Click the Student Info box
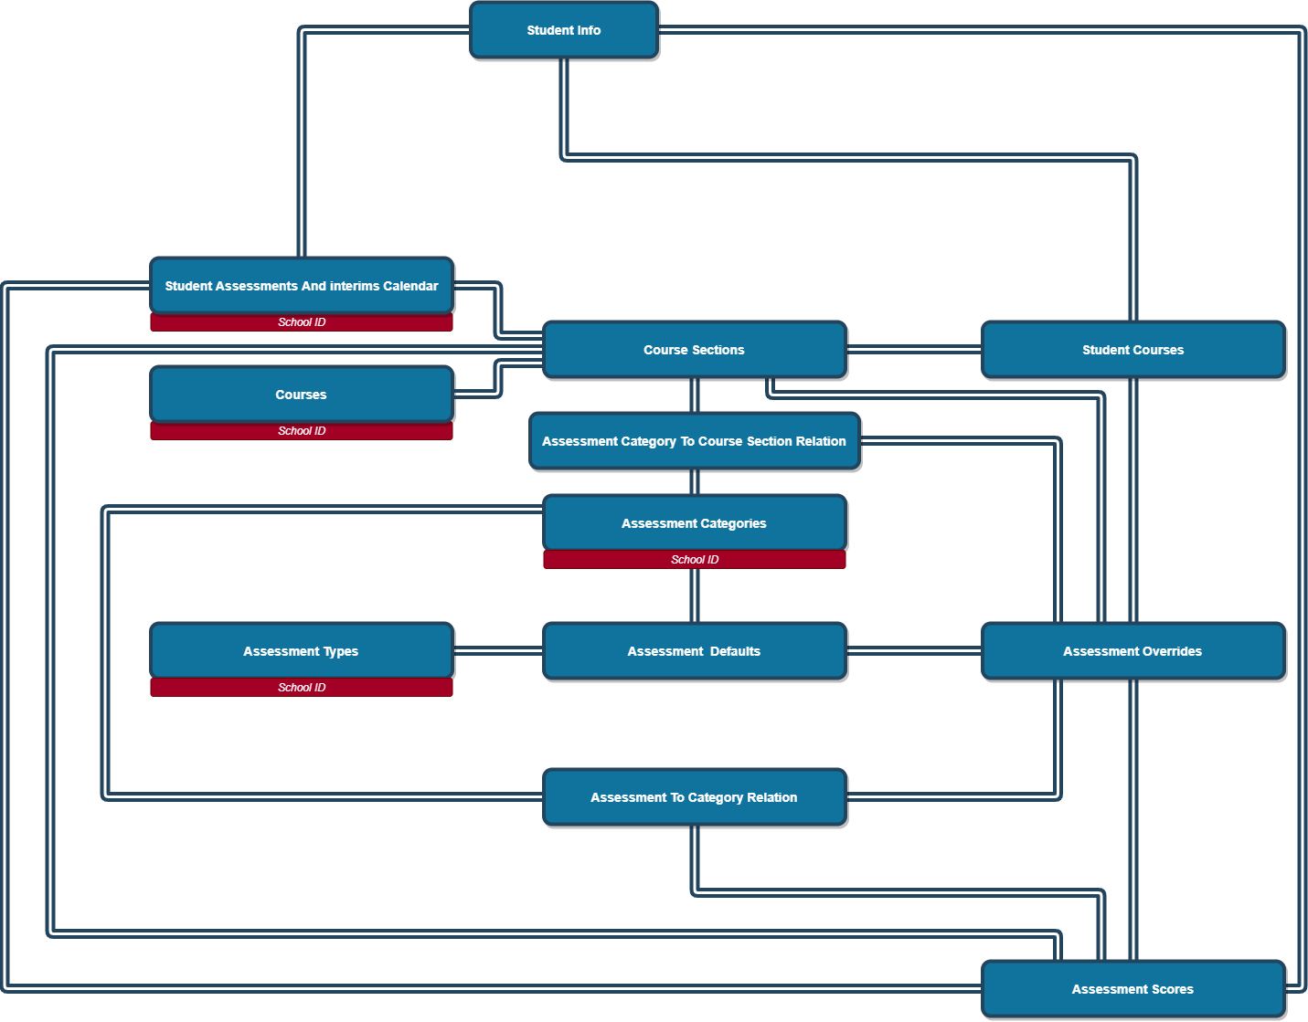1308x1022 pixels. pos(563,30)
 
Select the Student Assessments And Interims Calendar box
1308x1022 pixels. pos(301,286)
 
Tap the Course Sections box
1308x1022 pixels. pos(694,350)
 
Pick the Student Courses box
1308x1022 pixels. pos(1133,350)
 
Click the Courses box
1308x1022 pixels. pos(301,395)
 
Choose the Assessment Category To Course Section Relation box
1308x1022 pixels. pos(694,441)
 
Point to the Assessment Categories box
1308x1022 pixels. pos(694,523)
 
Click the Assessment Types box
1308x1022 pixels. pos(301,651)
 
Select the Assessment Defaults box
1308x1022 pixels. pos(694,651)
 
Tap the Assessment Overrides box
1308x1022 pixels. pos(1133,651)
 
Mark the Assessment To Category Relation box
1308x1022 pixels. pos(694,797)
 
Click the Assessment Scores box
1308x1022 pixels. pos(1133,989)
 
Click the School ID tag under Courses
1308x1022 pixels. pos(302,431)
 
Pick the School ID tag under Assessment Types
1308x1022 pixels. pos(302,688)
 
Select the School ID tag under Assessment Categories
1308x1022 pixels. pos(695,560)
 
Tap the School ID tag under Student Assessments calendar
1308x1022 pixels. pos(302,322)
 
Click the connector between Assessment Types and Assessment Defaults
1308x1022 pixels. pos(498,651)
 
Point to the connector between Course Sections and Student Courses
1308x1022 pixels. pos(914,350)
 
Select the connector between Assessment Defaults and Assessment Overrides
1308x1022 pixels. pos(914,651)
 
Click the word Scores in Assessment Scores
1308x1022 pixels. pos(1173,989)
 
